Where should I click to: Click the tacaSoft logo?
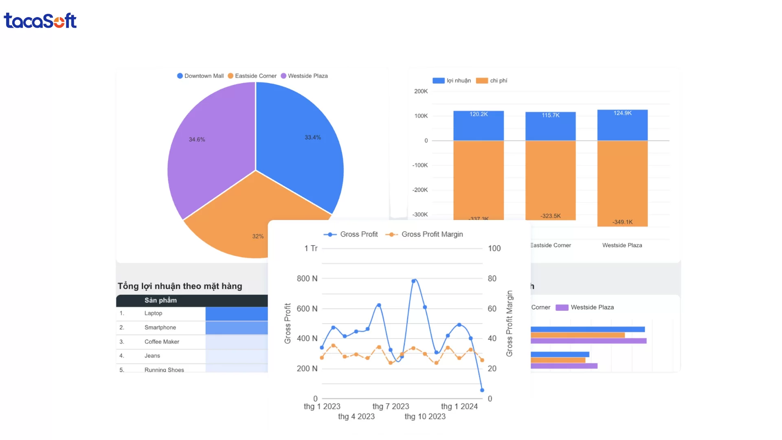(40, 21)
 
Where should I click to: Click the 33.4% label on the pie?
(312, 138)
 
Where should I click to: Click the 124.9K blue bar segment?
(622, 125)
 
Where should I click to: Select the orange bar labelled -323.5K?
(550, 179)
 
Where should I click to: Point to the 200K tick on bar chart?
(421, 91)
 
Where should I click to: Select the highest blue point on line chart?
(413, 281)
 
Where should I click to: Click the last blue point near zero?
(482, 390)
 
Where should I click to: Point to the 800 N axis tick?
(307, 279)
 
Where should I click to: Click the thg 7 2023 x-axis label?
(391, 406)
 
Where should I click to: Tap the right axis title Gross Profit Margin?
(509, 323)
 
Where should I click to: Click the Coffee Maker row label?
(162, 342)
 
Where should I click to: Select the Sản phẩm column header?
(160, 300)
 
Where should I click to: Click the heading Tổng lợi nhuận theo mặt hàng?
(180, 286)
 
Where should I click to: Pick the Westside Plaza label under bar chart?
(622, 245)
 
